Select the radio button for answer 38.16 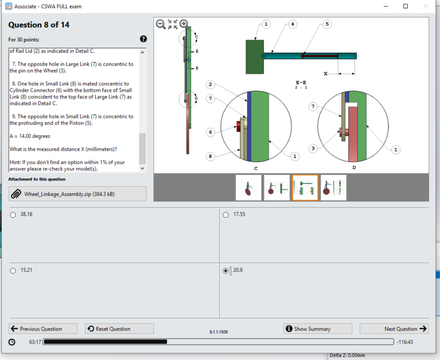[13, 214]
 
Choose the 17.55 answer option [226, 214]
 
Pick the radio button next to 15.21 [13, 271]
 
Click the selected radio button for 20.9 [226, 271]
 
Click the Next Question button [394, 328]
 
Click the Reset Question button [119, 328]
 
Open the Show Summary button [317, 328]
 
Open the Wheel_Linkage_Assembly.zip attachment [78, 194]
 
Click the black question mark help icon [143, 39]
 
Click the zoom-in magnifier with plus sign [184, 24]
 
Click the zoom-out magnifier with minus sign [161, 24]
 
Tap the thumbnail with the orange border [305, 187]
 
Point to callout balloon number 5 [327, 24]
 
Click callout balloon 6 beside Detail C [210, 132]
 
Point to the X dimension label [326, 74]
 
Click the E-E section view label [301, 82]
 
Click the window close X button [425, 6]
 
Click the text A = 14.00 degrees [30, 136]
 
